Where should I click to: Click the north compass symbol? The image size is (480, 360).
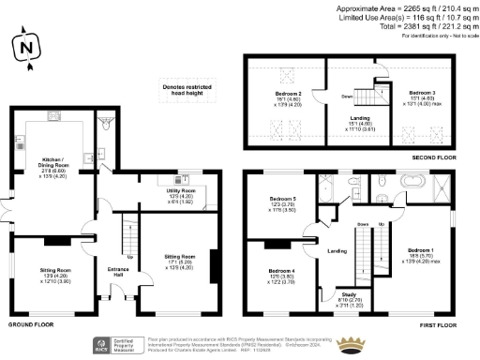point(26,46)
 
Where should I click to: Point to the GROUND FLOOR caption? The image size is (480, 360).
point(31,324)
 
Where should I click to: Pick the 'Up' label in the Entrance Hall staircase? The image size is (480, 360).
point(130,257)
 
